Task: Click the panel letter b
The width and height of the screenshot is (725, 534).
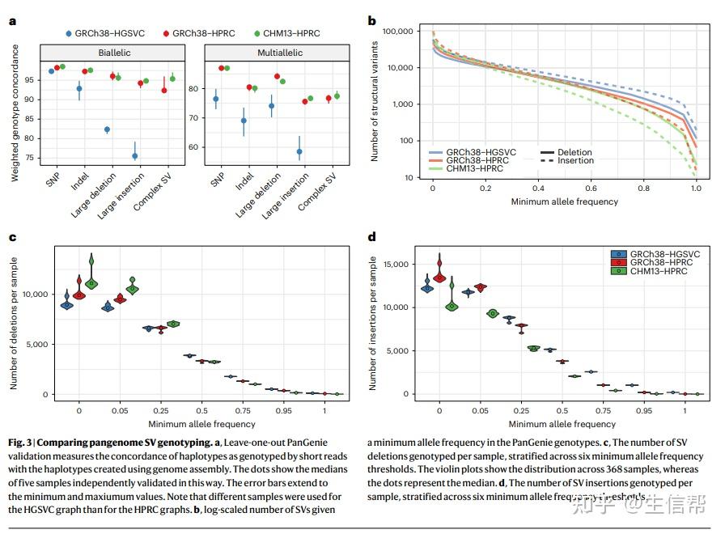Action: point(372,22)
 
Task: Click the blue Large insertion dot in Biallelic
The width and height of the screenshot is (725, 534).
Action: point(135,156)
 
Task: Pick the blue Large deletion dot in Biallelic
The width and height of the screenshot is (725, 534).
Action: point(107,129)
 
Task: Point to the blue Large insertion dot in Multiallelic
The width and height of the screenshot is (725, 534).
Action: point(299,151)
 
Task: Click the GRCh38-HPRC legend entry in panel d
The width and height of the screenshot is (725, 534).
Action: point(662,263)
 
